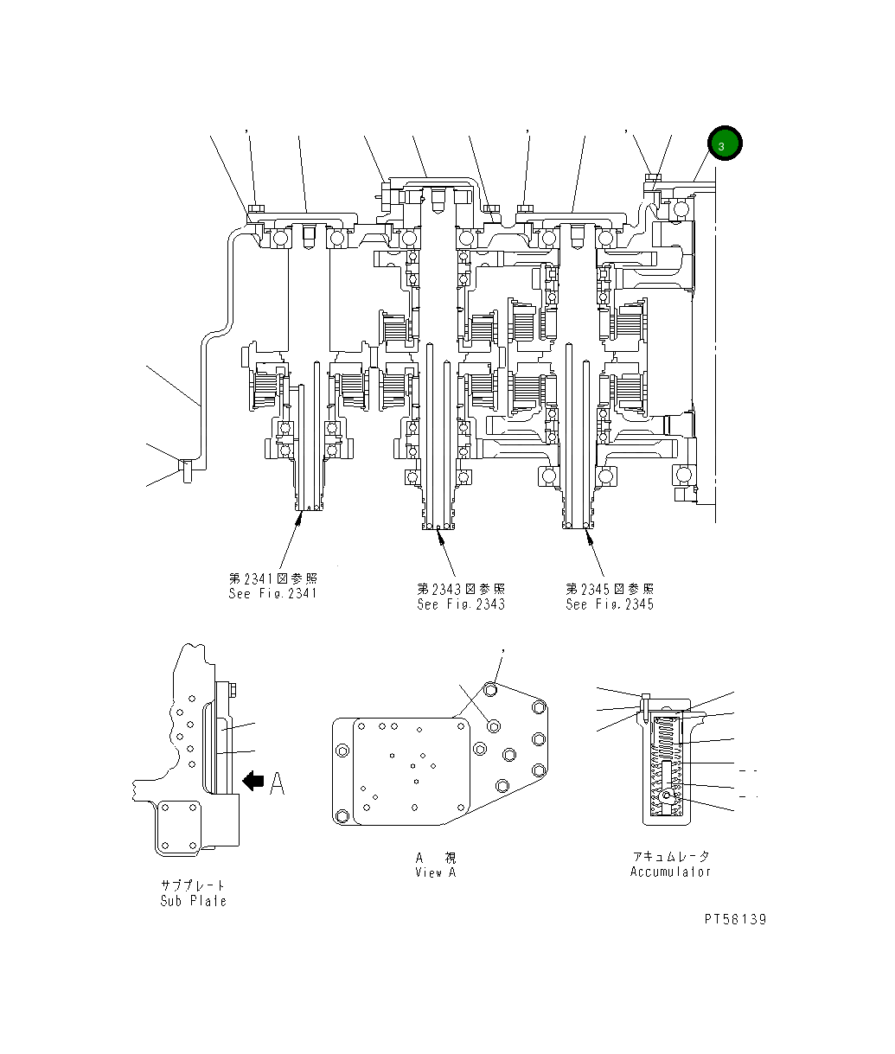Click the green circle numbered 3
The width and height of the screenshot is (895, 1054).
click(724, 144)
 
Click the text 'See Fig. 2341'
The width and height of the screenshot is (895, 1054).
click(272, 593)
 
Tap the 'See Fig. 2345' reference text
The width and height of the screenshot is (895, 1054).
click(610, 604)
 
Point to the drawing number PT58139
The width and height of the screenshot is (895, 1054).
click(734, 919)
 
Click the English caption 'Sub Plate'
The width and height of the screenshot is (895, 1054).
click(193, 900)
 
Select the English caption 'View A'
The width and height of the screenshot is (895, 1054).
click(435, 872)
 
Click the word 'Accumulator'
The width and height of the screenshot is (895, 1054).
click(670, 872)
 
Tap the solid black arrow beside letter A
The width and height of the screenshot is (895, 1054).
click(253, 781)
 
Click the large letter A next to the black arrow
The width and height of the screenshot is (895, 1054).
click(277, 783)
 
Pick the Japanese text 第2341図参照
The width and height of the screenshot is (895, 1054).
click(272, 578)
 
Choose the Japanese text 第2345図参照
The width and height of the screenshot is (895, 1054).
click(610, 589)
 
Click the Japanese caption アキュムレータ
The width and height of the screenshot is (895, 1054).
click(670, 857)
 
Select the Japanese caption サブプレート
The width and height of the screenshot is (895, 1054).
click(193, 885)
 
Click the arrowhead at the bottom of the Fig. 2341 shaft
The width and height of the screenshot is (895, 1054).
click(300, 516)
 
